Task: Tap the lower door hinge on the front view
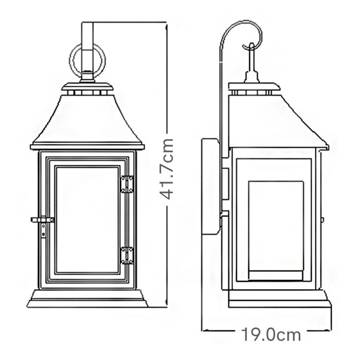125,255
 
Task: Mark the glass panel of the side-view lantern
277,226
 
